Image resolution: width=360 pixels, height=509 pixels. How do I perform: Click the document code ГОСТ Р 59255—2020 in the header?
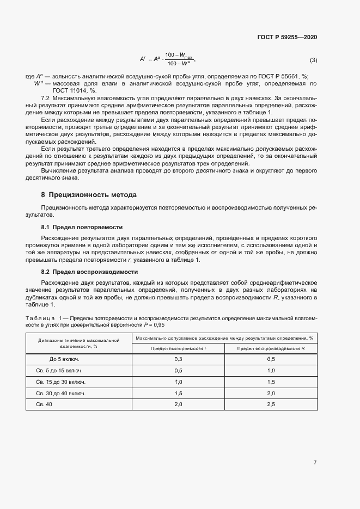click(287, 37)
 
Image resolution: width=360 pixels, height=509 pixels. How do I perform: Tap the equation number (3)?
click(313, 59)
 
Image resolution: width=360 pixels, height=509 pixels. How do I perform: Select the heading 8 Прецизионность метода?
click(89, 195)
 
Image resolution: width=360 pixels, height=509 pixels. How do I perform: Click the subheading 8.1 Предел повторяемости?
click(82, 226)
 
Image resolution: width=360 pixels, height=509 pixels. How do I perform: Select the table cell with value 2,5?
click(271, 404)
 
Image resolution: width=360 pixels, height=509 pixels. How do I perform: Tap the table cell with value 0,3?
click(178, 359)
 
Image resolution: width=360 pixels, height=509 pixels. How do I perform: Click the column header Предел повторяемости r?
click(178, 347)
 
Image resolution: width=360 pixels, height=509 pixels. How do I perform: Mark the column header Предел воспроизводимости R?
click(271, 347)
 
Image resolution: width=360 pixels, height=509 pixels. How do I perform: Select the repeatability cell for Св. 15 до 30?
click(178, 382)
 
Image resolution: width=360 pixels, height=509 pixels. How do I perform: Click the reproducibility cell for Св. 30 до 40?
click(271, 393)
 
